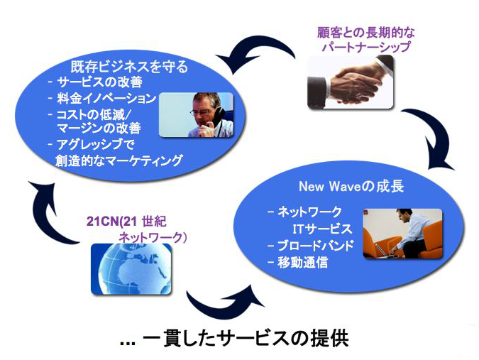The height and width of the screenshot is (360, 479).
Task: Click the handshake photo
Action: (x=351, y=82)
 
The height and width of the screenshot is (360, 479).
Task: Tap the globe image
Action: (x=131, y=269)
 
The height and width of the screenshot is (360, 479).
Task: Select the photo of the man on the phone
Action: (x=196, y=114)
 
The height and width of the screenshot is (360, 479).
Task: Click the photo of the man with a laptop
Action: (x=402, y=234)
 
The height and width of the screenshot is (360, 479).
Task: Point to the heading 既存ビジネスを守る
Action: (x=129, y=67)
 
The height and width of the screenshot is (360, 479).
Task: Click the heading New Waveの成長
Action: (x=351, y=186)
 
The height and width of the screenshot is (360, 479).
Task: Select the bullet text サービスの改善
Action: (x=99, y=82)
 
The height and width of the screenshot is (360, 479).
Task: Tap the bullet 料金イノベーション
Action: (x=106, y=99)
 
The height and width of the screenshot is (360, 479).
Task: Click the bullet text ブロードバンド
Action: (x=316, y=246)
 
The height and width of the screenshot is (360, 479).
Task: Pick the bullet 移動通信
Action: (x=303, y=262)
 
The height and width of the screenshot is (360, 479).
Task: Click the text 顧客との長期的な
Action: (x=366, y=33)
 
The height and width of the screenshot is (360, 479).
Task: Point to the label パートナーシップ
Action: (x=366, y=47)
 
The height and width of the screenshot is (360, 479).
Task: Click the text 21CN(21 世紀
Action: (x=126, y=222)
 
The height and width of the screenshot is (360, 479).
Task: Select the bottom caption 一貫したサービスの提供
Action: (x=246, y=339)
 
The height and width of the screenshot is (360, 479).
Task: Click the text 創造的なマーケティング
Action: (x=119, y=160)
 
